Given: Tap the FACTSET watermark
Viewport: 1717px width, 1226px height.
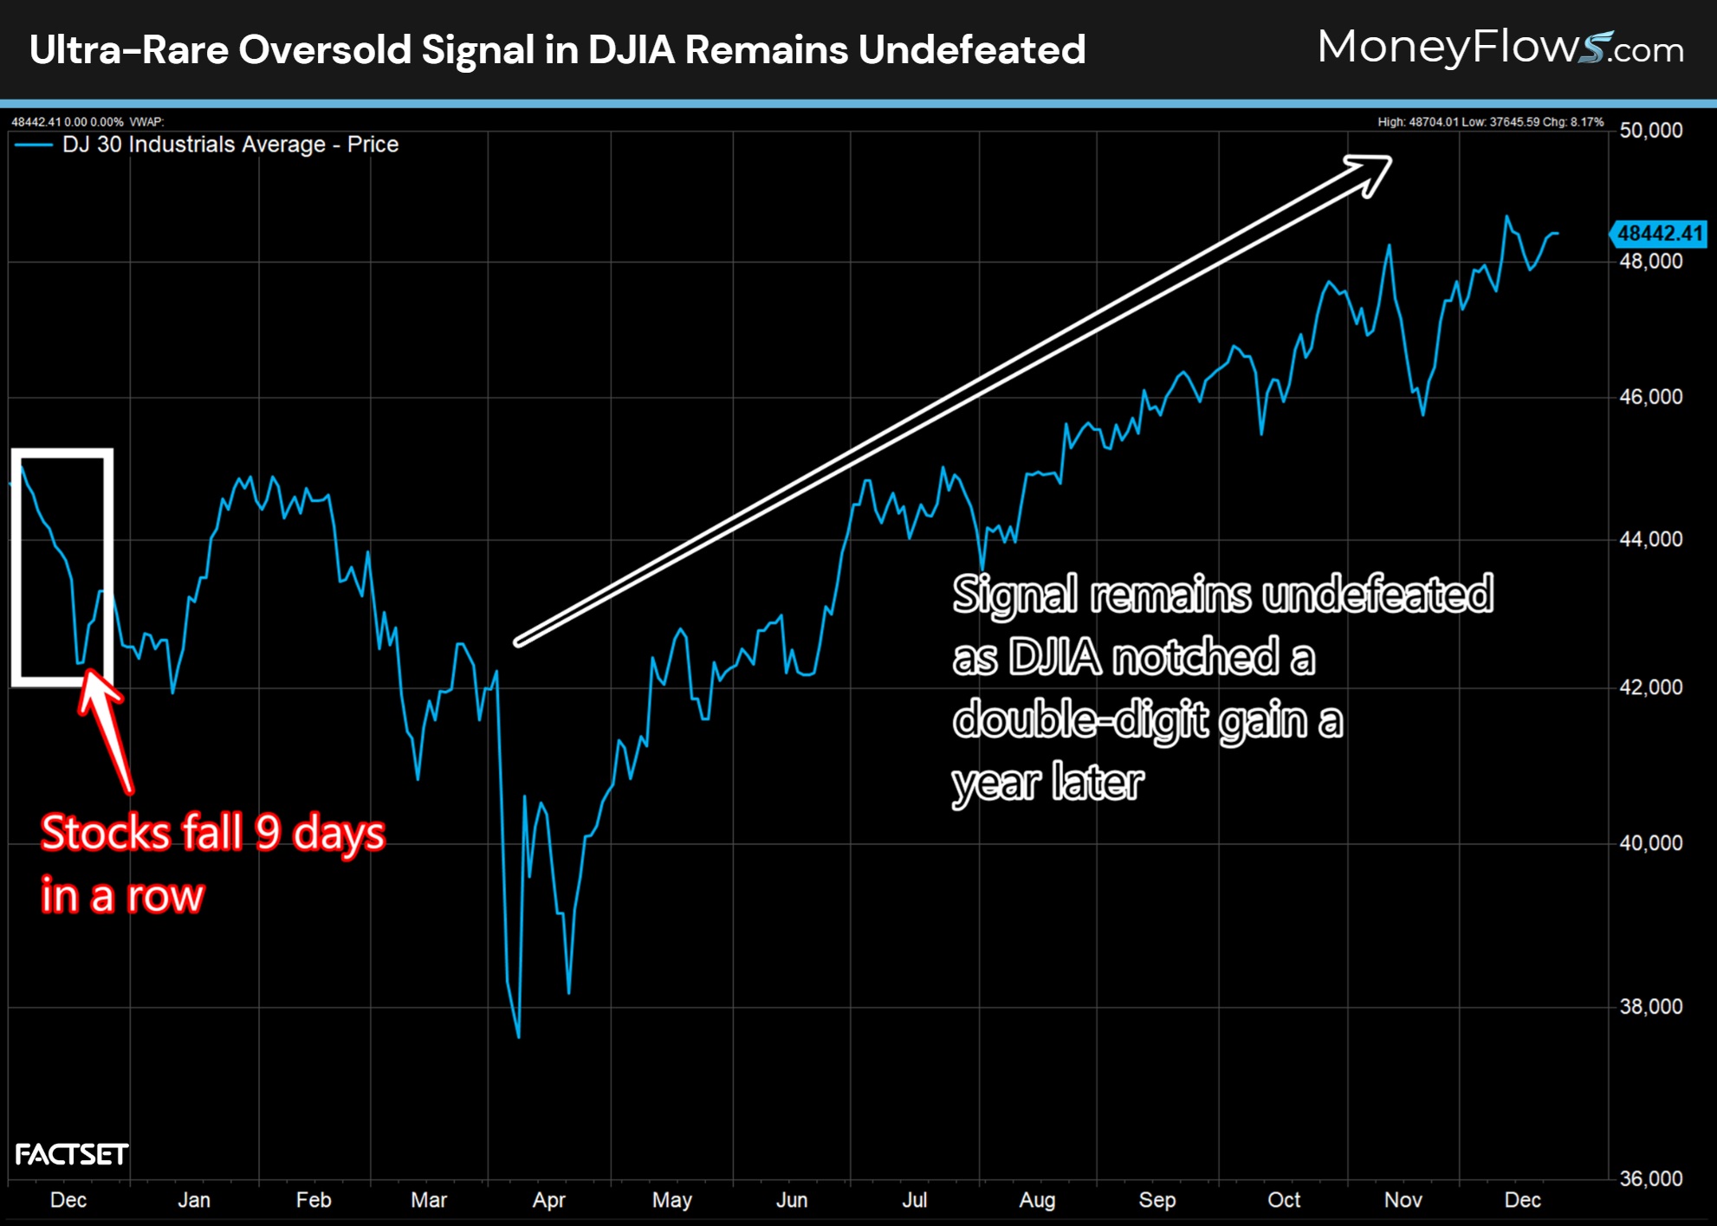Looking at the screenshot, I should click(x=72, y=1154).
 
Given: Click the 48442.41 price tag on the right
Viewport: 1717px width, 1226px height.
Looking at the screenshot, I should click(x=1658, y=233).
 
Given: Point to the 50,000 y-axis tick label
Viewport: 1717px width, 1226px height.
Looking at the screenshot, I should click(x=1650, y=131).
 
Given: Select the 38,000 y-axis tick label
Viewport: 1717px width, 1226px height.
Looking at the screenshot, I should click(x=1650, y=1007).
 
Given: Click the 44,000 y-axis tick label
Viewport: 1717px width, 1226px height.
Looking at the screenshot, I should click(x=1650, y=539).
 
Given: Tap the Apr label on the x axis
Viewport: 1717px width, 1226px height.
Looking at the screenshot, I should click(x=548, y=1200).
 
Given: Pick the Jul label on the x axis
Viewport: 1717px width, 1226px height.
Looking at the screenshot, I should click(x=914, y=1200).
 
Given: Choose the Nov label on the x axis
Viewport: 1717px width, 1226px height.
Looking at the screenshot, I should click(x=1403, y=1200).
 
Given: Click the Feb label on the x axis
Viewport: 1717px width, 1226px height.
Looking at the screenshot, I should click(x=313, y=1200).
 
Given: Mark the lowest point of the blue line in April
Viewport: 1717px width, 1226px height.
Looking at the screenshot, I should click(x=518, y=1036).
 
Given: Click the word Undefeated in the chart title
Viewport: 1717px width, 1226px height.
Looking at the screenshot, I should click(x=971, y=49).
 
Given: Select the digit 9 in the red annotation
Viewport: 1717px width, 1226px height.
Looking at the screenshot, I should click(x=268, y=833).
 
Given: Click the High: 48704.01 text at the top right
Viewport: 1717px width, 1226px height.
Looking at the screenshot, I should click(x=1416, y=122).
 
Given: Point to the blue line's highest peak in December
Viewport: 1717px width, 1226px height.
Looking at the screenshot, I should click(x=1507, y=216).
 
